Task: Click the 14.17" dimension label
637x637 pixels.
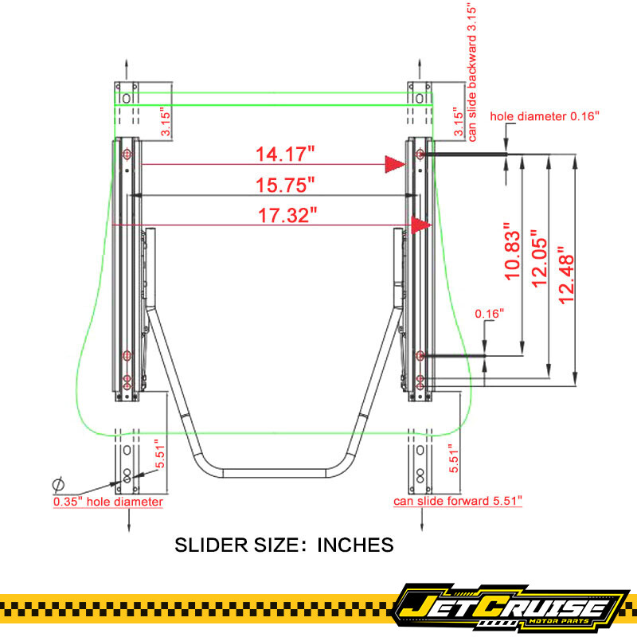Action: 285,154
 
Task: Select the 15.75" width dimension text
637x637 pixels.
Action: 285,186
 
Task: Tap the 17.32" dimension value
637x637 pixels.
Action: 287,215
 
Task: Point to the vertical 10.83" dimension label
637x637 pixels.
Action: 512,252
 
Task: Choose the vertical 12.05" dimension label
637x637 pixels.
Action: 540,259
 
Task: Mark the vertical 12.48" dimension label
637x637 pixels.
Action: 566,275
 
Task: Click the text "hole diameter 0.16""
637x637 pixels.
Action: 545,116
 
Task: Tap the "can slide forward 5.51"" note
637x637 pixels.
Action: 457,501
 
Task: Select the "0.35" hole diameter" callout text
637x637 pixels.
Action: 108,502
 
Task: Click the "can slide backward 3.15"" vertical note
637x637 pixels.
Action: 471,74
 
